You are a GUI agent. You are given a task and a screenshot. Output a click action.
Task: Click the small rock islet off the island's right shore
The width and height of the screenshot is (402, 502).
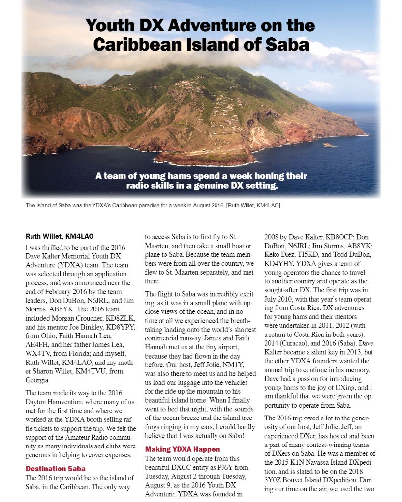(327, 145)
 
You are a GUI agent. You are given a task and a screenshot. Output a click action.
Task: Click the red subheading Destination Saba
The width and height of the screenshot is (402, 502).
(55, 468)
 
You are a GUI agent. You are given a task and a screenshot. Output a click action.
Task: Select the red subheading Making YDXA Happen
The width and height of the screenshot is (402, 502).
(183, 449)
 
